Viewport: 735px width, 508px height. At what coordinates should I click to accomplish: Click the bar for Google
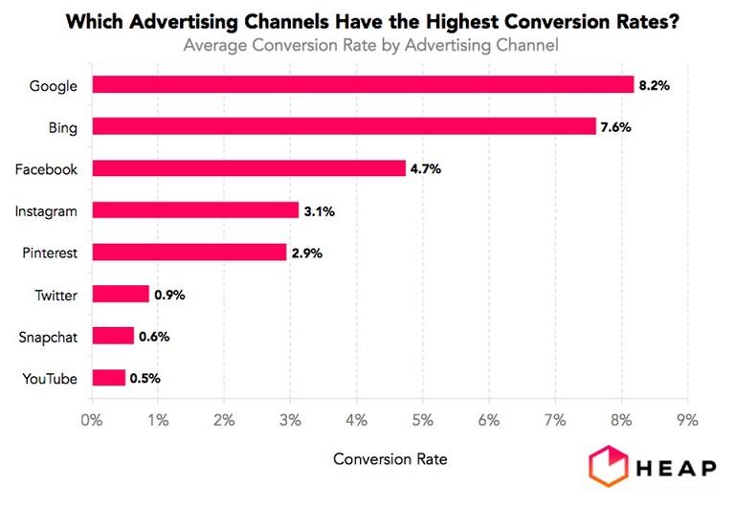click(x=363, y=85)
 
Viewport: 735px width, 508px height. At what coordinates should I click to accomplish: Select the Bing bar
click(x=344, y=126)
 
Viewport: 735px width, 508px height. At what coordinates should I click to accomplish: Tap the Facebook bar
click(x=249, y=168)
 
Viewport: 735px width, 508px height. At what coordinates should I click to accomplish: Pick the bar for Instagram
click(x=195, y=210)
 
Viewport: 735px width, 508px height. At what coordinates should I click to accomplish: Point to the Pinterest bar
click(x=189, y=253)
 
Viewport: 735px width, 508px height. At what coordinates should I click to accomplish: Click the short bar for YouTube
click(x=108, y=378)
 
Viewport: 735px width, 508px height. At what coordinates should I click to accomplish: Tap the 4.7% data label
click(x=427, y=168)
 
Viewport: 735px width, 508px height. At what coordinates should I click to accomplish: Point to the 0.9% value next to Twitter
click(x=169, y=295)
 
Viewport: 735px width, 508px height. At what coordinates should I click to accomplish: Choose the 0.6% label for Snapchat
click(x=154, y=336)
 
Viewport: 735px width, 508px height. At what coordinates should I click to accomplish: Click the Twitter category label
click(x=55, y=295)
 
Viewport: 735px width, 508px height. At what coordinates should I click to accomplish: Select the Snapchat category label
click(x=49, y=337)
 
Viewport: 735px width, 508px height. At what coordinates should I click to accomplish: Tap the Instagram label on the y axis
click(x=47, y=210)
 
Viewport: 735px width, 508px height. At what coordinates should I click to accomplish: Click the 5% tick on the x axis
click(x=423, y=419)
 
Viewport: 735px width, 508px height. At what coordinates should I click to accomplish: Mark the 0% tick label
click(x=92, y=419)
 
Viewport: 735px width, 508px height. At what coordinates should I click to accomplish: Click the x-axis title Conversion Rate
click(x=390, y=459)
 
